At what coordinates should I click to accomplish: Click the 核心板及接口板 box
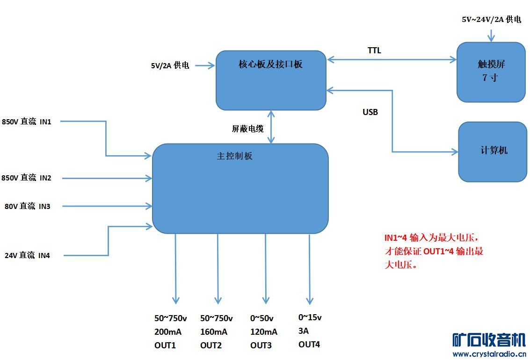pyautogui.click(x=271, y=80)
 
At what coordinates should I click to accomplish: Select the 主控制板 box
pyautogui.click(x=240, y=188)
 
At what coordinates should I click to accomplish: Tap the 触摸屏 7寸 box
pyautogui.click(x=491, y=72)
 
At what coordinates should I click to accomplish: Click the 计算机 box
pyautogui.click(x=493, y=152)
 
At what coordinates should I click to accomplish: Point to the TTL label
pyautogui.click(x=374, y=50)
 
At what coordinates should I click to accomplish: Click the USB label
pyautogui.click(x=370, y=112)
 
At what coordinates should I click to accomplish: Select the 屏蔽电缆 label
pyautogui.click(x=247, y=129)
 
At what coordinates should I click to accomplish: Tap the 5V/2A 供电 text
pyautogui.click(x=170, y=66)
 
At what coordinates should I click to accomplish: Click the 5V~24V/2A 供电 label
pyautogui.click(x=491, y=20)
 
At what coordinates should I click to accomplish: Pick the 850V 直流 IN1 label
pyautogui.click(x=27, y=122)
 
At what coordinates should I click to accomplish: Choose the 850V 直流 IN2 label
pyautogui.click(x=27, y=178)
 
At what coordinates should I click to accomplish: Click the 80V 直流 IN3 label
pyautogui.click(x=28, y=206)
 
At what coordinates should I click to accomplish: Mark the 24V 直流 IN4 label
pyautogui.click(x=28, y=255)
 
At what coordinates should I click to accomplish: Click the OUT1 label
pyautogui.click(x=165, y=346)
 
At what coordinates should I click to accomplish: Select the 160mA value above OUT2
pyautogui.click(x=214, y=332)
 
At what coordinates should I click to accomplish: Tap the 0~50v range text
pyautogui.click(x=262, y=318)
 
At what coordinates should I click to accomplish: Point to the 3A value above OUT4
pyautogui.click(x=304, y=331)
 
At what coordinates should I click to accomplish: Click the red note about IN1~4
pyautogui.click(x=434, y=251)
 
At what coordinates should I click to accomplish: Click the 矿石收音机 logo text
pyautogui.click(x=489, y=340)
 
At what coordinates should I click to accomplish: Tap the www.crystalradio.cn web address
pyautogui.click(x=489, y=354)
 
